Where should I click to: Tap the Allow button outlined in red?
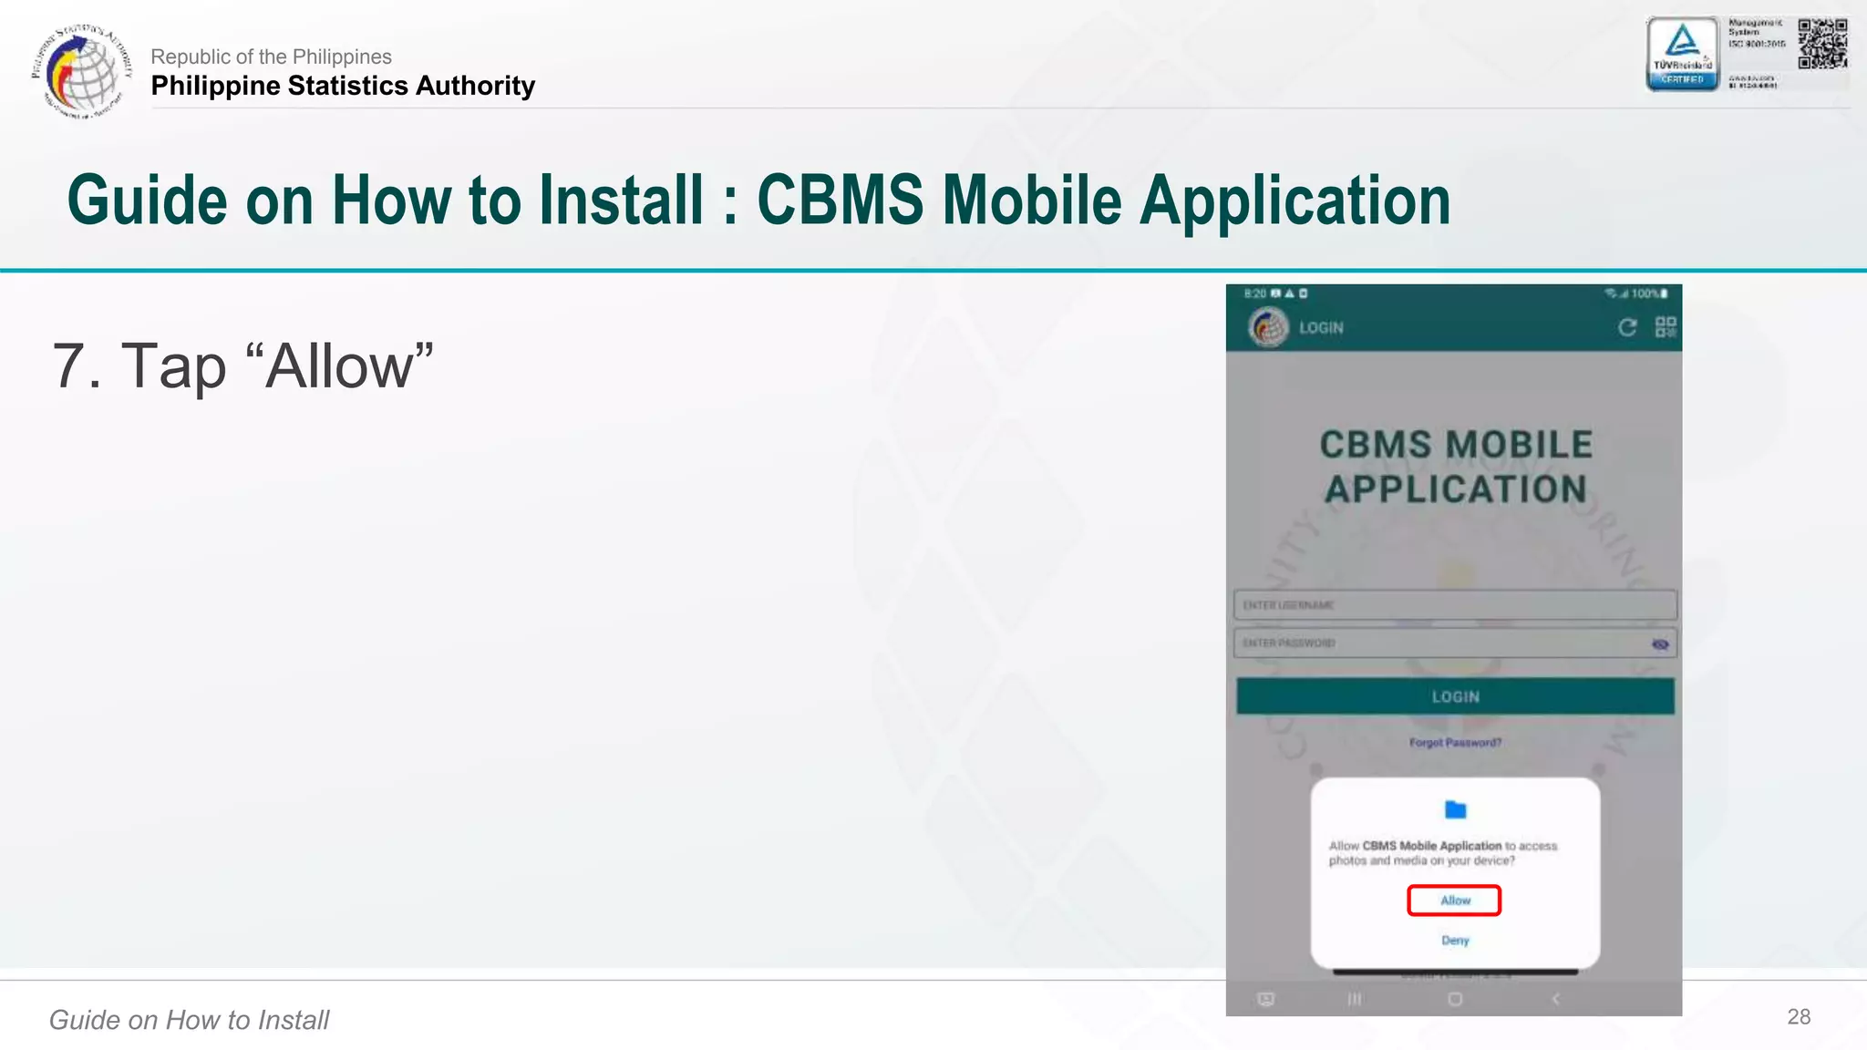tap(1454, 901)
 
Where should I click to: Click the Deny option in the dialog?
tap(1455, 940)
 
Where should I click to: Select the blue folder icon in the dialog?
tap(1455, 809)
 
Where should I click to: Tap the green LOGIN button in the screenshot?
tap(1455, 696)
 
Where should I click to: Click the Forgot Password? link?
tap(1455, 743)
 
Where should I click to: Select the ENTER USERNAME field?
tap(1454, 605)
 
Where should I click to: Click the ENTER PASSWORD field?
tap(1440, 643)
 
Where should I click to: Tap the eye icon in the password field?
tap(1660, 644)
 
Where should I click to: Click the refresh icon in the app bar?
tap(1627, 327)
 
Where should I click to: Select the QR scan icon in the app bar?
tap(1666, 327)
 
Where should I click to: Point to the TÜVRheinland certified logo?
tap(1682, 54)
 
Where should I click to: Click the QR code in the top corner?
tap(1822, 43)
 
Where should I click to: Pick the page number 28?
tap(1799, 1017)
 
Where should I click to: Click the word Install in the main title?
tap(621, 201)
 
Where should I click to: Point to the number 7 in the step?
tap(69, 366)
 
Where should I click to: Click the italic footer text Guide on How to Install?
tap(189, 1020)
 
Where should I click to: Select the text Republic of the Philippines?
tap(271, 57)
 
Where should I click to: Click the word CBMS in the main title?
tap(840, 201)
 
